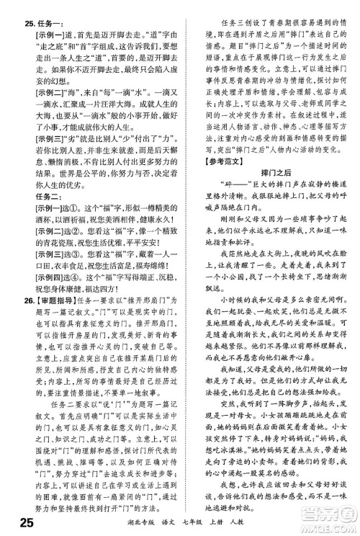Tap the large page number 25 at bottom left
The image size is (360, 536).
pos(16,522)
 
